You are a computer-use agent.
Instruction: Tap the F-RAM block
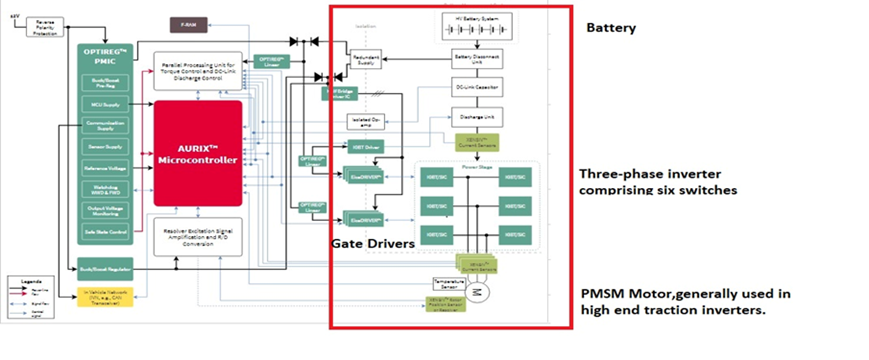190,23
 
